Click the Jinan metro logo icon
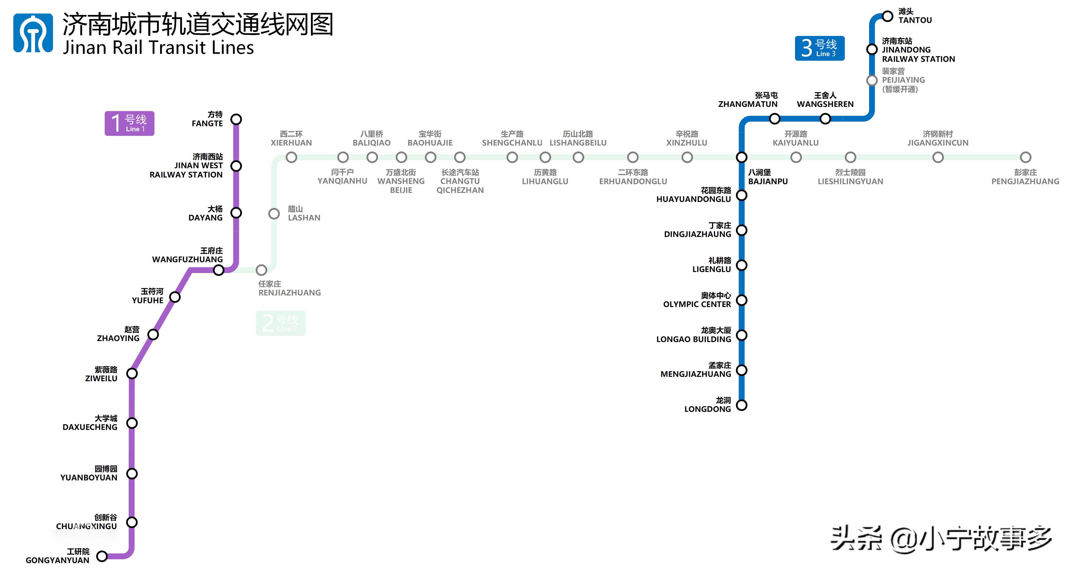click(x=33, y=33)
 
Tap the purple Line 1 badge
click(x=129, y=123)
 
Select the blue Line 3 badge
click(x=819, y=48)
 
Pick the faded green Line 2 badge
click(x=281, y=323)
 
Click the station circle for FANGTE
click(x=236, y=119)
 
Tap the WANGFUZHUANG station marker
click(x=219, y=270)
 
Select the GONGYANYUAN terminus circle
click(x=102, y=556)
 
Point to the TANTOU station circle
click(x=887, y=16)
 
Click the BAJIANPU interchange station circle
click(x=742, y=157)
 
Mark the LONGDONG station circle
click(x=742, y=405)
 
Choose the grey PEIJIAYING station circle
click(x=872, y=80)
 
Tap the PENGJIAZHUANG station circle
click(x=1025, y=157)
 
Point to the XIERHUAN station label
click(x=291, y=138)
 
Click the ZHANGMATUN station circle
click(x=774, y=119)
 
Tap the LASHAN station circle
click(x=274, y=214)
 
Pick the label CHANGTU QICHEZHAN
click(x=460, y=181)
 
